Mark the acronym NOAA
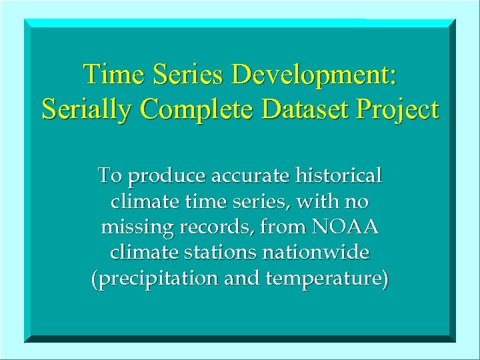click(345, 228)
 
